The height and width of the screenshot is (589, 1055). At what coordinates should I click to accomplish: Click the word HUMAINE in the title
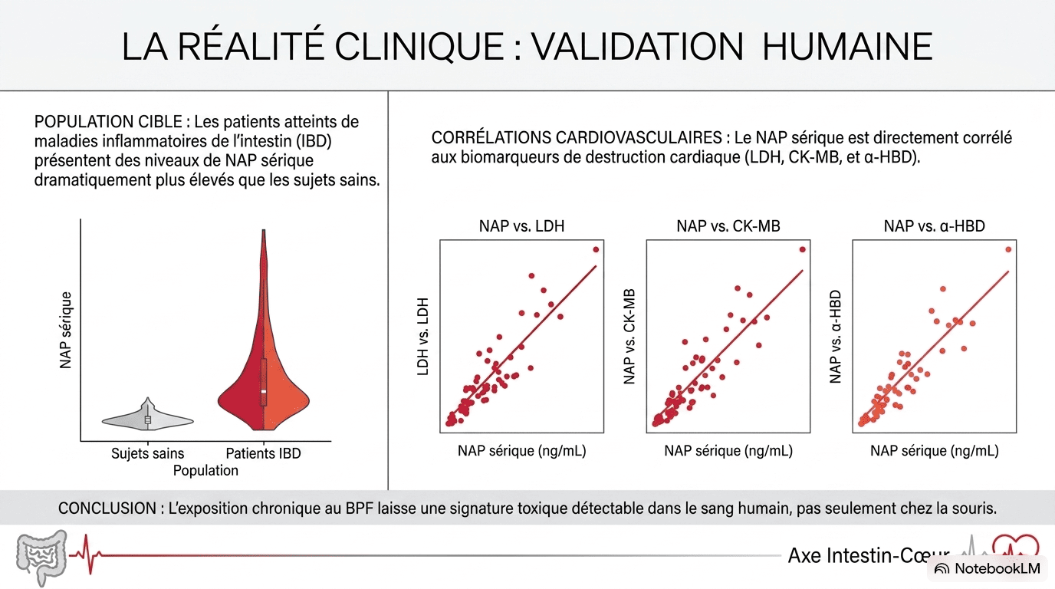click(847, 47)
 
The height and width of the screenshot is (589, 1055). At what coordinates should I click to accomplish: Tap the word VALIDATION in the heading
click(638, 47)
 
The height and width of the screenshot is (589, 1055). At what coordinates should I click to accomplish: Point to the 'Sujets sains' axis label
click(147, 453)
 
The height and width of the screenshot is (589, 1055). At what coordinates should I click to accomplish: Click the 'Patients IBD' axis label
click(263, 453)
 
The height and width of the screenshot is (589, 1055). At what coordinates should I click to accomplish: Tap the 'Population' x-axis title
click(205, 470)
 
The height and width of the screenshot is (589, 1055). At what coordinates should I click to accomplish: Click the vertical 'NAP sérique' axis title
click(66, 330)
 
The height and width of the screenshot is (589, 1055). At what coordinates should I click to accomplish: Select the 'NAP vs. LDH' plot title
click(521, 226)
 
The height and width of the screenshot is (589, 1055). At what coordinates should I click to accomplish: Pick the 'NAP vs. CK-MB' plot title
click(728, 226)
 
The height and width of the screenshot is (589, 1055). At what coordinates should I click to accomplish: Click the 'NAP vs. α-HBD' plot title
click(934, 226)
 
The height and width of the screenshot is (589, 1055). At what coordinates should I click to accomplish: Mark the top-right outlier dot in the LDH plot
click(596, 250)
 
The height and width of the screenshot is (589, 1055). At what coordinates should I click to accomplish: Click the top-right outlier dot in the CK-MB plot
click(803, 250)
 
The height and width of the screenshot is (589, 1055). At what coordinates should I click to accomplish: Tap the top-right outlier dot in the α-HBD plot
click(1008, 250)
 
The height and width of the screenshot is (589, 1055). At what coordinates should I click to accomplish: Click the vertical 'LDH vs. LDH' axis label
click(423, 337)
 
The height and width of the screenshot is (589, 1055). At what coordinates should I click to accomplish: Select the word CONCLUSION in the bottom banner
click(107, 508)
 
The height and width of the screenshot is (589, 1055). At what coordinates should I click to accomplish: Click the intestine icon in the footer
click(41, 558)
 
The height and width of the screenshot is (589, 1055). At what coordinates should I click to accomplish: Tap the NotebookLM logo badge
click(988, 569)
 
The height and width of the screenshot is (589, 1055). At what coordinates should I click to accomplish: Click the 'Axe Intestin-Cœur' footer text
click(869, 556)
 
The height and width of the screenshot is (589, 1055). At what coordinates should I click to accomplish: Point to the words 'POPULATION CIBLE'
click(108, 122)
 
